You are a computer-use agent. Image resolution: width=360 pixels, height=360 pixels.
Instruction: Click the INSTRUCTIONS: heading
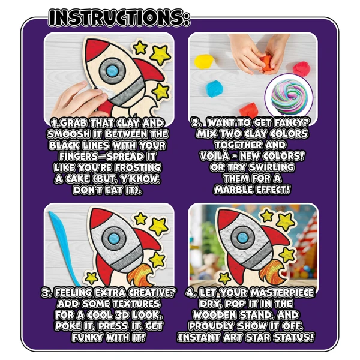click(x=119, y=17)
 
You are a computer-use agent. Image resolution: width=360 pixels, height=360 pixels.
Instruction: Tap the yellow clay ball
click(x=204, y=61)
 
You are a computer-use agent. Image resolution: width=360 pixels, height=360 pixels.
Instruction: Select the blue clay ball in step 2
click(x=214, y=89)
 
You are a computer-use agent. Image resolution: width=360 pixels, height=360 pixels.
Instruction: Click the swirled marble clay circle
click(x=289, y=96)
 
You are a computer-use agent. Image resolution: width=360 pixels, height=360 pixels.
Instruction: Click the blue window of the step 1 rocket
click(x=112, y=70)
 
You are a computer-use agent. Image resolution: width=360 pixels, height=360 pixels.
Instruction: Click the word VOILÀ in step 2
click(x=215, y=156)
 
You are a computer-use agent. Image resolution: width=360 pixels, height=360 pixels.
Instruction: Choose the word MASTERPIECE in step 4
click(x=282, y=293)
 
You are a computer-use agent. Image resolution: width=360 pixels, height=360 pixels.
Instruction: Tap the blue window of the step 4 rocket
click(x=242, y=237)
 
